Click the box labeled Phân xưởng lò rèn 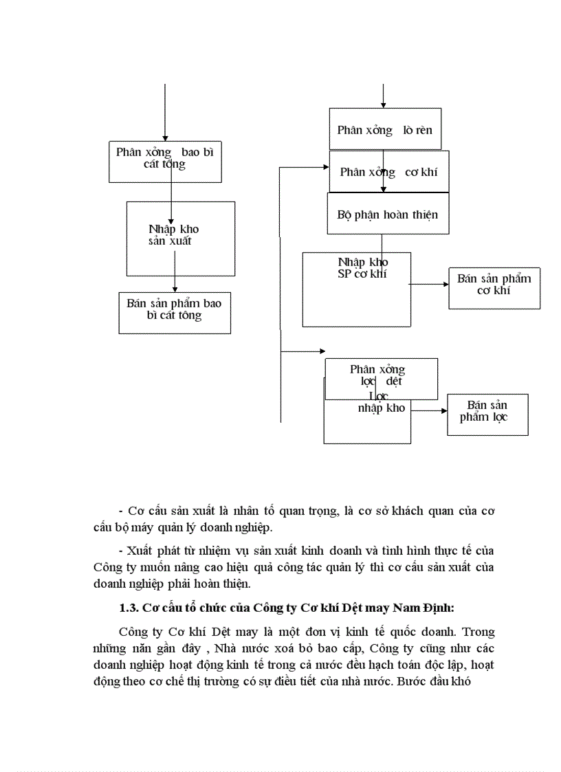point(384,129)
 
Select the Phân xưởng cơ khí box point(388,172)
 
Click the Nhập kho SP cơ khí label point(362,268)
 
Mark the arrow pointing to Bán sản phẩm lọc point(429,410)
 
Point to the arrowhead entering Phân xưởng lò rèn point(384,104)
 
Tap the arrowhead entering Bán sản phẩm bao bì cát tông point(175,289)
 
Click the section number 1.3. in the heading point(130,608)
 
